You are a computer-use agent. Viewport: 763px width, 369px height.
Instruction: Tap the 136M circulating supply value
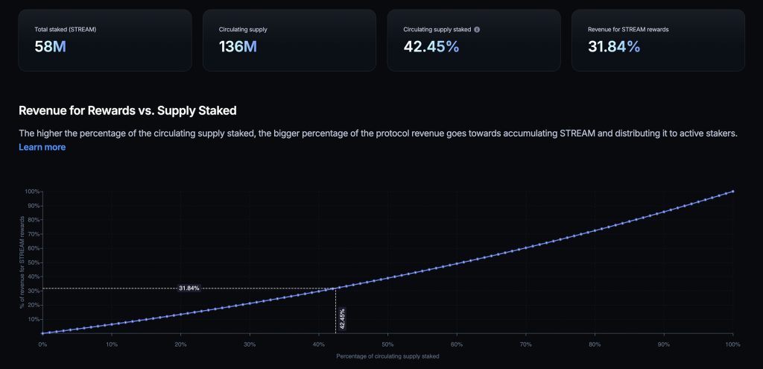pos(238,46)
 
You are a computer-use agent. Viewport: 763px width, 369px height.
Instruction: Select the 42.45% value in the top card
pos(431,46)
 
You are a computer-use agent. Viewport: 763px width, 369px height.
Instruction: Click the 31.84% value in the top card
pos(614,46)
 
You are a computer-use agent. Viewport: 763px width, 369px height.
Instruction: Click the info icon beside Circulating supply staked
pos(477,29)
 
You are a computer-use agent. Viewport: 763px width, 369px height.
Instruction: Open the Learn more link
pos(42,147)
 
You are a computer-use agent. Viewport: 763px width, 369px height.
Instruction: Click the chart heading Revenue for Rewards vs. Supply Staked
pos(127,110)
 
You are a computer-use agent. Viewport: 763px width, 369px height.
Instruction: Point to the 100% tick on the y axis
pos(32,192)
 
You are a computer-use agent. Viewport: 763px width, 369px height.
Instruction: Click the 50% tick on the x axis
pos(387,344)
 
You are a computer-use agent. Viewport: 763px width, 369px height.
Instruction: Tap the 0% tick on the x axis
pos(42,344)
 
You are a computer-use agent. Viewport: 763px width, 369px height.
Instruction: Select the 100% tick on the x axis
pos(732,344)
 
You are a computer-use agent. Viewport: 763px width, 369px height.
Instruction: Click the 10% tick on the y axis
pos(33,319)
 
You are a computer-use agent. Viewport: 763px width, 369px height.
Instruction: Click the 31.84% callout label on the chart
pos(189,288)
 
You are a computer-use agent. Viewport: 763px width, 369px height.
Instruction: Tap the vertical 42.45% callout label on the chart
pos(342,318)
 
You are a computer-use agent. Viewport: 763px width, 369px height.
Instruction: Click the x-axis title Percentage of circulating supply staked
pos(387,356)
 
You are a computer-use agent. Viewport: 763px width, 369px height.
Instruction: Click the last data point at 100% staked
pos(733,192)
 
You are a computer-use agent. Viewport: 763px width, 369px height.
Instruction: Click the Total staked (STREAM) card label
pos(65,29)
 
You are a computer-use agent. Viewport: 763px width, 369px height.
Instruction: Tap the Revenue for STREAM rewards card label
pos(628,29)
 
